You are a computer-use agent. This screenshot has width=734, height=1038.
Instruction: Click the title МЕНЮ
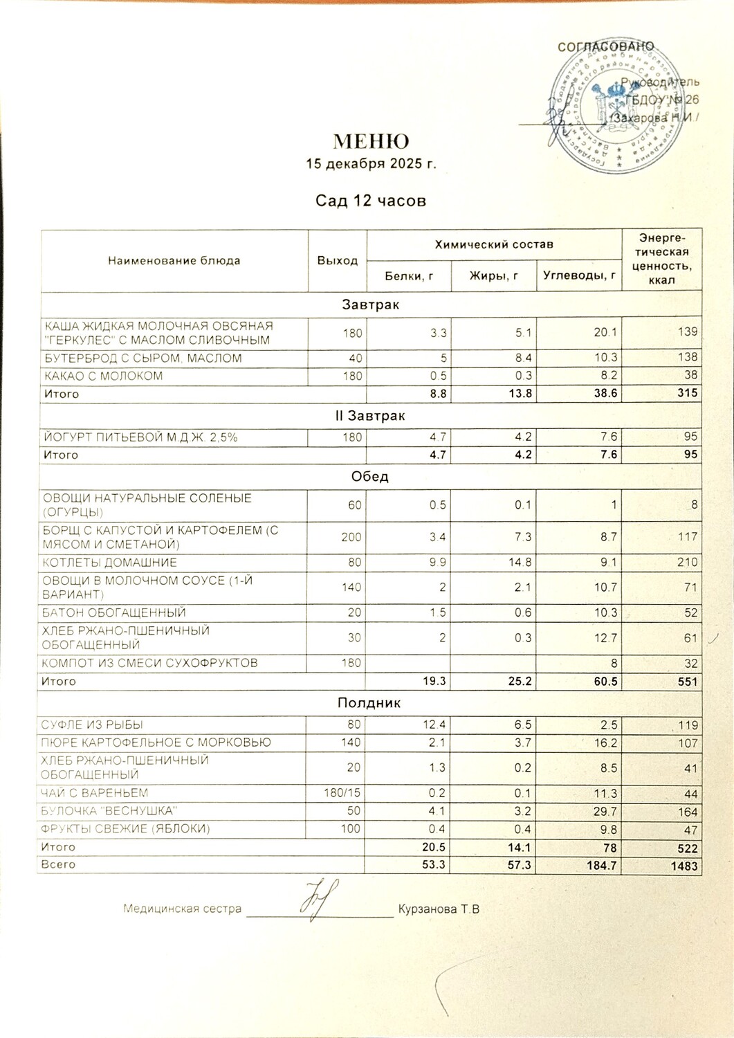pos(371,141)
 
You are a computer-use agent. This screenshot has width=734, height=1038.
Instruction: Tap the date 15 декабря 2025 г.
pos(371,164)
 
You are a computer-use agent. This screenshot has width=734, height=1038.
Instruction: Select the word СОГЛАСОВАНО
pos(605,46)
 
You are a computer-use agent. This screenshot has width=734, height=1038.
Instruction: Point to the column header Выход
pos(337,261)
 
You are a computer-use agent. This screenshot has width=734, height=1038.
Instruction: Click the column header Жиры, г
pos(493,276)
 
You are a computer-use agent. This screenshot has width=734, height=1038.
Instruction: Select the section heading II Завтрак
pos(369,416)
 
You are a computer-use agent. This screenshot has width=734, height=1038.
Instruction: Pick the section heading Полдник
pos(369,703)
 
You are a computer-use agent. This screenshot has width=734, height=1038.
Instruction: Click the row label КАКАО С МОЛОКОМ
pos(104,376)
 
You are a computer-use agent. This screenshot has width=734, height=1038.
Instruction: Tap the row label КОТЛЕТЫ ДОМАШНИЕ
pos(110,563)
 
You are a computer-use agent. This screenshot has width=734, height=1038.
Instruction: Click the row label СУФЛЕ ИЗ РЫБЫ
pos(92,725)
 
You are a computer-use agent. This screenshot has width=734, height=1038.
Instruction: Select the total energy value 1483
pos(683,866)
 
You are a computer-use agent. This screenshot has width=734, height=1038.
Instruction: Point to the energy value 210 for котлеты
pos(687,563)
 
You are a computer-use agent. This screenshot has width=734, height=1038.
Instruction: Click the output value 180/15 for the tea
pos(342,793)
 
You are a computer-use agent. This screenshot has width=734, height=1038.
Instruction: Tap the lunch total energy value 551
pos(687,682)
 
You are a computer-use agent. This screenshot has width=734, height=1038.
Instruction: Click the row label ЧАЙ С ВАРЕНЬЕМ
pos(95,793)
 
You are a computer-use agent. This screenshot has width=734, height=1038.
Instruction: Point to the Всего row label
pos(58,864)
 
